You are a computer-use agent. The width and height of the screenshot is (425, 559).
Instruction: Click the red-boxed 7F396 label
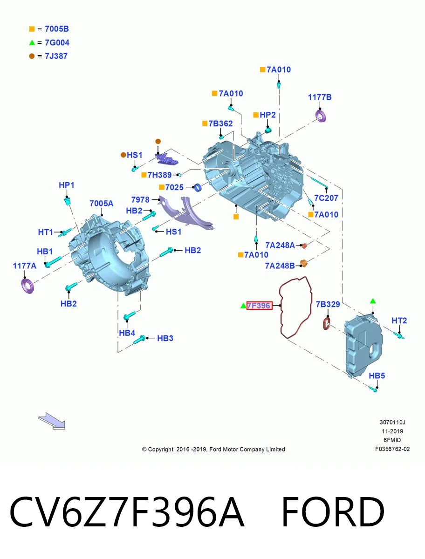point(259,305)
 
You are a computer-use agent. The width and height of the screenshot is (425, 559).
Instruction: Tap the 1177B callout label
point(320,97)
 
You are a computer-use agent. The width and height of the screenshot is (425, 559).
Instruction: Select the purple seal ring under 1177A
point(27,286)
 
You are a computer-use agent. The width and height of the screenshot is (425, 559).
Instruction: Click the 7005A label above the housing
point(101,203)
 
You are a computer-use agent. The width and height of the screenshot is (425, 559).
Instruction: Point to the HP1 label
point(67,185)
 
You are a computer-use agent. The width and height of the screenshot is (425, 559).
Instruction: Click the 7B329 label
point(328,304)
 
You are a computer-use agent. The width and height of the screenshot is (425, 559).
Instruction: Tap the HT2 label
point(399,320)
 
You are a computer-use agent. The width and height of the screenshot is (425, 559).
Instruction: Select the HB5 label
point(377,375)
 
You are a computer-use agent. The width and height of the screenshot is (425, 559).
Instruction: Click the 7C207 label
point(326,198)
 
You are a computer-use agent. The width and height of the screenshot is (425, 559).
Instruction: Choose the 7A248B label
point(280,266)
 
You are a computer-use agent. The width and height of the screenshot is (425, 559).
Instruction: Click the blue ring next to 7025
point(198,188)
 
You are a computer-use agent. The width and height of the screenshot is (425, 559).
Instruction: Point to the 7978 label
point(140,199)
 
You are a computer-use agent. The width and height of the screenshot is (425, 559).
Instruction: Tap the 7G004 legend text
point(57,42)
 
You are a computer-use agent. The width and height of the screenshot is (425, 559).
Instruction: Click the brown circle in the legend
point(32,56)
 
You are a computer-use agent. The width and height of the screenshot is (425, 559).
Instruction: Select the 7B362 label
point(220,123)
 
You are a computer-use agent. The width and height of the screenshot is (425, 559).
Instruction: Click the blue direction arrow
point(52,421)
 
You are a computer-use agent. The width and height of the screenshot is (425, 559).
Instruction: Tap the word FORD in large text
point(333,513)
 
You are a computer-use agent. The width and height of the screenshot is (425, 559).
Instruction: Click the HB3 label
point(165,338)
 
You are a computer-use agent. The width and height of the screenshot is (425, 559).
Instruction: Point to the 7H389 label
point(160,175)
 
